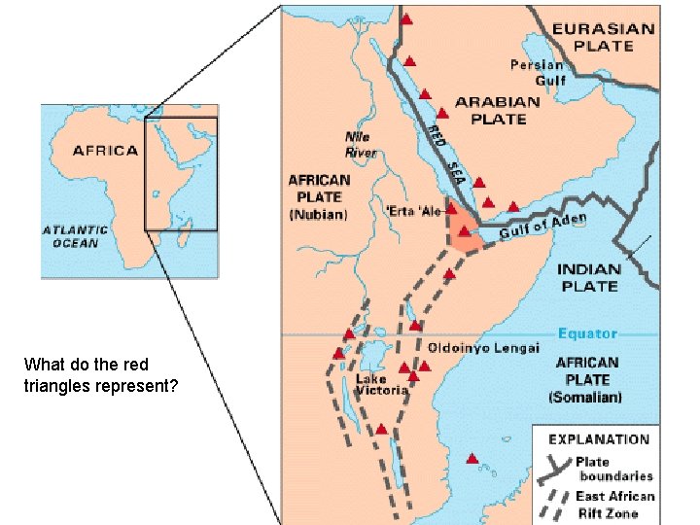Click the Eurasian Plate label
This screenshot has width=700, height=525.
[604, 37]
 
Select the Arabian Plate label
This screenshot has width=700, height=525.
[498, 110]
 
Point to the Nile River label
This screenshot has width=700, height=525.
[361, 145]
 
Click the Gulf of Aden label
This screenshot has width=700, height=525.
[543, 226]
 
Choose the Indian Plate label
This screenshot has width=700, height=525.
[589, 277]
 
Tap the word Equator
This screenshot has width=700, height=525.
[587, 334]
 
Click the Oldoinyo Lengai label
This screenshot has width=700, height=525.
[483, 347]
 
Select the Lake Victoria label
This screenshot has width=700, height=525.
[381, 385]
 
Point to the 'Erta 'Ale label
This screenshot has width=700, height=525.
[413, 211]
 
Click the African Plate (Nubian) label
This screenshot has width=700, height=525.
[318, 196]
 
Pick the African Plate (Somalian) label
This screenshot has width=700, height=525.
[586, 379]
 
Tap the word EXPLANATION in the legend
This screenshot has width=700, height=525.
[599, 439]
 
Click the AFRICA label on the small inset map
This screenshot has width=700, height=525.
[105, 151]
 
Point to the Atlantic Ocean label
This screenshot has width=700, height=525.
[76, 236]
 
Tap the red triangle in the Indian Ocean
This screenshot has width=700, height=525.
[472, 458]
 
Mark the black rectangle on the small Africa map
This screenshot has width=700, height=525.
[181, 174]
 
